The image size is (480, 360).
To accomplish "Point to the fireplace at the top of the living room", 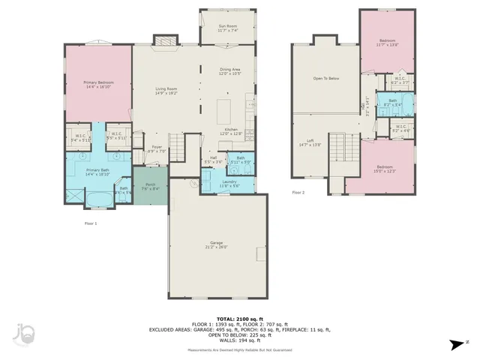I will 165,40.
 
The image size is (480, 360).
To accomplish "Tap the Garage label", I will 216,245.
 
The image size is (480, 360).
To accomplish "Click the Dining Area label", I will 229,71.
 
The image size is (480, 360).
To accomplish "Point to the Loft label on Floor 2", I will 309,142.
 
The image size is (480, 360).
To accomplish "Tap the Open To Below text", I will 325,78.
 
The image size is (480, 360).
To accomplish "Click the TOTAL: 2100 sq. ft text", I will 237,318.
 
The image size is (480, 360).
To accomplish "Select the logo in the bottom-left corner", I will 24,334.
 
